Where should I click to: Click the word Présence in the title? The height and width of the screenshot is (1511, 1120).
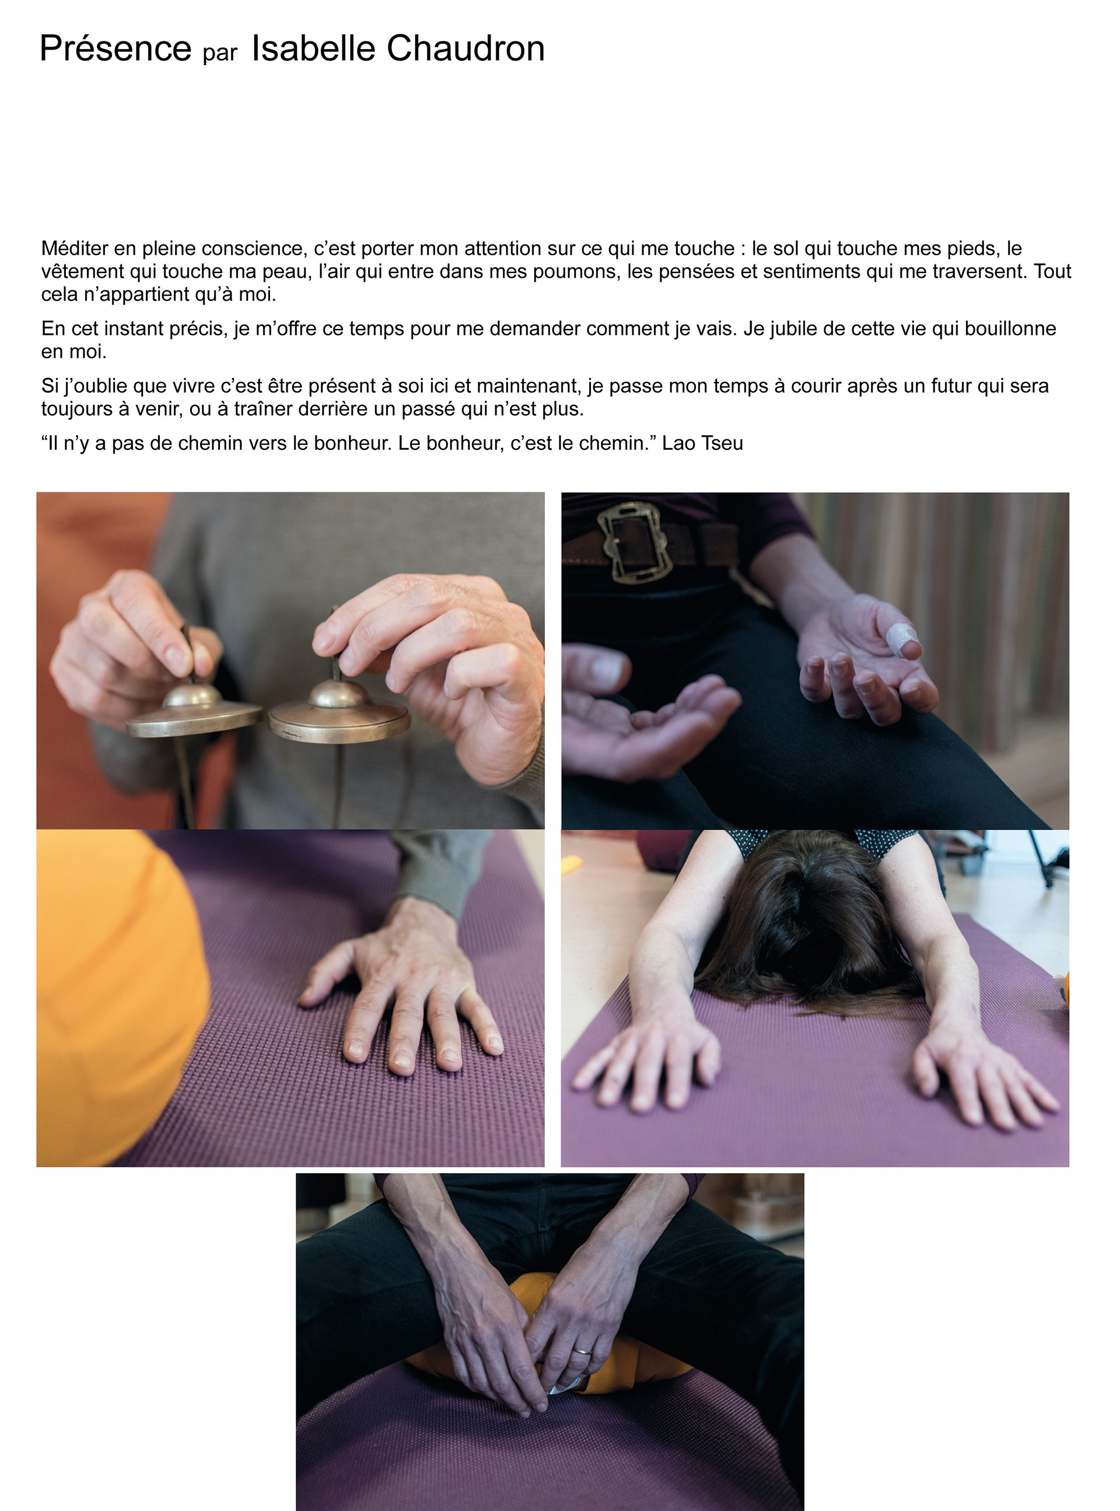pos(116,48)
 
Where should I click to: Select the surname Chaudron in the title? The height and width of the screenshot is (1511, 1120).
pos(465,48)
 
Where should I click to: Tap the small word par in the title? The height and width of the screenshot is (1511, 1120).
pos(220,54)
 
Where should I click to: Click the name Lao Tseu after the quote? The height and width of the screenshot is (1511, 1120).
pos(702,443)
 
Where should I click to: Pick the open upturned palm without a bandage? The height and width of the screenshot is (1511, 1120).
pos(644,725)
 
